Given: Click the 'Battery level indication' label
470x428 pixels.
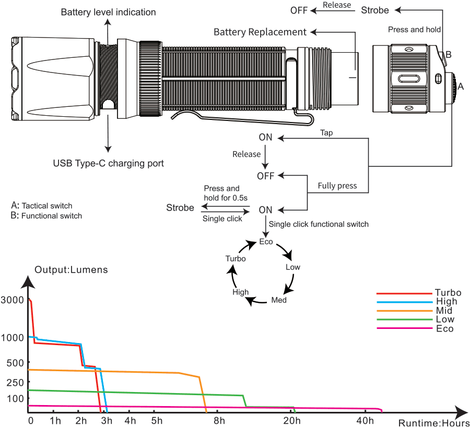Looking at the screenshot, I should [108, 12].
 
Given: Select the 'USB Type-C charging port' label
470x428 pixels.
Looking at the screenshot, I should [109, 163].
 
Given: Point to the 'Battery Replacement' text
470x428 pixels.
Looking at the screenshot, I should [260, 32].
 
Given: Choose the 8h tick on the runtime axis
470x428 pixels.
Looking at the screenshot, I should [219, 420].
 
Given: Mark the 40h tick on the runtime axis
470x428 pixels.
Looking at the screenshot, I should [365, 420].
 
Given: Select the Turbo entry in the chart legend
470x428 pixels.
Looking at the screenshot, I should [448, 293].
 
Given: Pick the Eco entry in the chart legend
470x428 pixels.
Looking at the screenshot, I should [444, 328].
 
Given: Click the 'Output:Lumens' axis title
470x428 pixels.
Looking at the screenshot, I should [71, 270].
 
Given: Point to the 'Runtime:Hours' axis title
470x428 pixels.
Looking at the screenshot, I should [434, 423].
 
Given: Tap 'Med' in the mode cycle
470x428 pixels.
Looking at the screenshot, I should [279, 300].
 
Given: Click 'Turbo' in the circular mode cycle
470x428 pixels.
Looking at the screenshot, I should [236, 259].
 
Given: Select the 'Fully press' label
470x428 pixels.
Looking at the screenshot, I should [337, 186].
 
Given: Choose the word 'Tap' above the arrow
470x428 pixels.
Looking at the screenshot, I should [326, 133].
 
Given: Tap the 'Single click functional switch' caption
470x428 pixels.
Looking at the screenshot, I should [319, 224].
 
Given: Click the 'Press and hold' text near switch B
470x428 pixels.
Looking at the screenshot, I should [414, 30].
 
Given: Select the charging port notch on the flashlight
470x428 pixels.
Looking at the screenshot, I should [108, 104].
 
